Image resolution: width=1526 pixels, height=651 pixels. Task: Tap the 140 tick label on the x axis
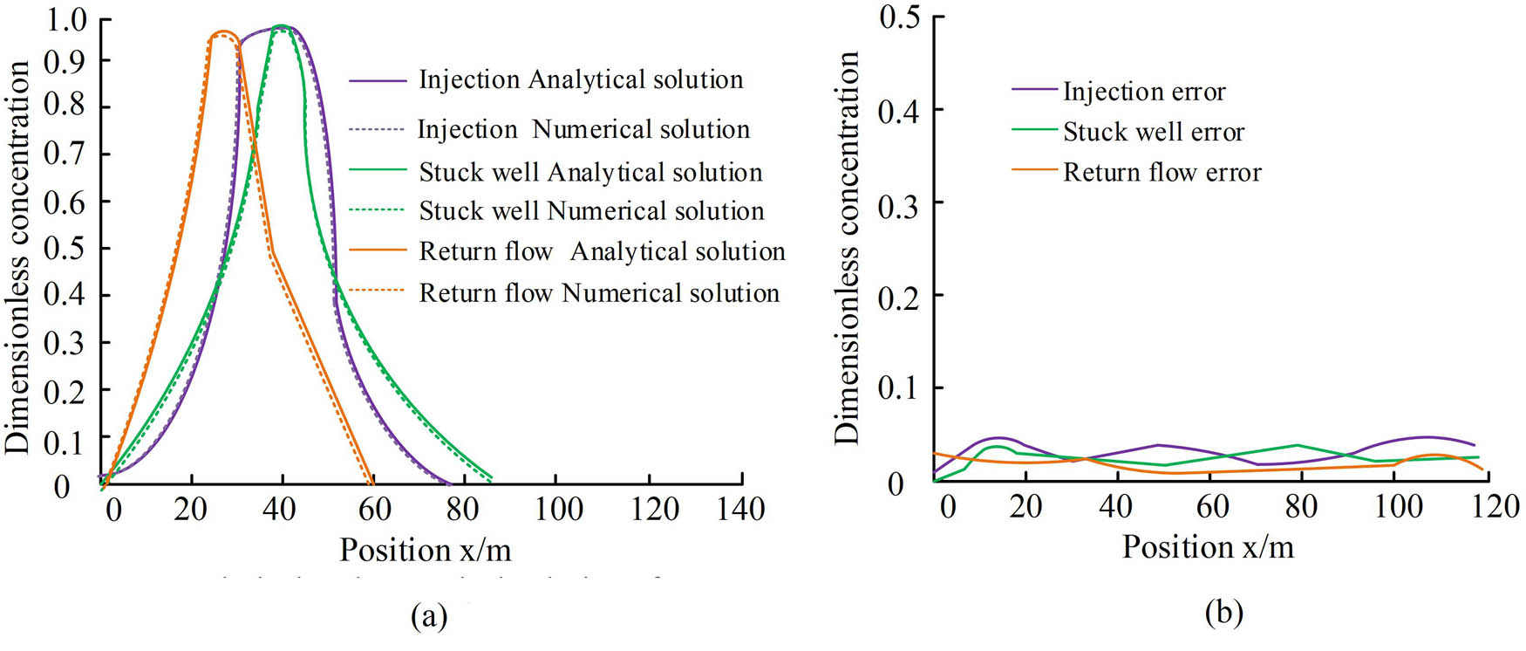pyautogui.click(x=740, y=509)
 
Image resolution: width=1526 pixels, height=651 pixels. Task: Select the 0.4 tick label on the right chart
pyautogui.click(x=899, y=111)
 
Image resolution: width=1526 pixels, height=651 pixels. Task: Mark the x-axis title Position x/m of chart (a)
pyautogui.click(x=425, y=551)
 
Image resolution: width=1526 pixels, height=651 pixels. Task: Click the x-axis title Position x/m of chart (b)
pyautogui.click(x=1208, y=547)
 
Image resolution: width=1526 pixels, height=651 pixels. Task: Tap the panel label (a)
pyautogui.click(x=428, y=616)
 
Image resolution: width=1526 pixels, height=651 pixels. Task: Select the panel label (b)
pyautogui.click(x=1223, y=613)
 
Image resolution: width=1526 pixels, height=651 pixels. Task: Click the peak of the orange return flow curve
pyautogui.click(x=224, y=32)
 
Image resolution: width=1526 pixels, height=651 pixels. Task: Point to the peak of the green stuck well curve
pyautogui.click(x=281, y=26)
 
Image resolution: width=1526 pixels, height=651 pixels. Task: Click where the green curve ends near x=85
pyautogui.click(x=492, y=477)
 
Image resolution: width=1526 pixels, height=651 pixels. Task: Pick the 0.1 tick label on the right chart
pyautogui.click(x=899, y=387)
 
